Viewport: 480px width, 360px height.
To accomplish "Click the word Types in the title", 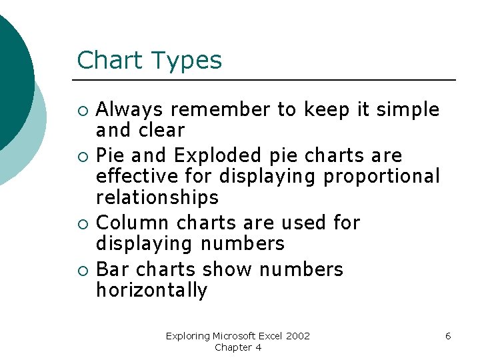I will (186, 61).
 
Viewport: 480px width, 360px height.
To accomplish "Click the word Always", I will (130, 109).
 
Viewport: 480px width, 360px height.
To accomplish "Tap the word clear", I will (160, 129).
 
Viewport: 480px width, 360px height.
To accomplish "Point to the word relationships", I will (157, 197).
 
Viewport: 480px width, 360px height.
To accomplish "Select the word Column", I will (132, 223).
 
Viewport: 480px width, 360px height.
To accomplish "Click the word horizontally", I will (152, 291).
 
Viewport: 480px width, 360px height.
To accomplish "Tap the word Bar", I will (112, 269).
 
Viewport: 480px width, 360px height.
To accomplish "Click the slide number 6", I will (448, 336).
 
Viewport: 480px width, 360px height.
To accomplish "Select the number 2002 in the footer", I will (297, 336).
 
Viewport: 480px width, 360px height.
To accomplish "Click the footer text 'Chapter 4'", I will (238, 347).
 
